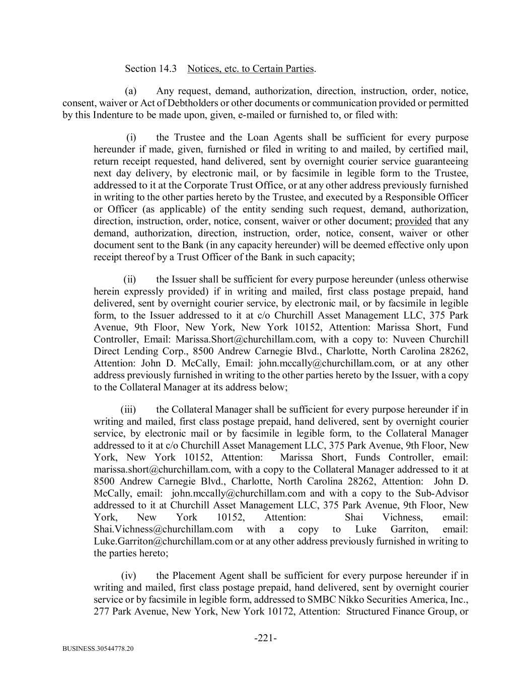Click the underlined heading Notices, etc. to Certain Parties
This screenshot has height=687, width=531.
[x=250, y=68]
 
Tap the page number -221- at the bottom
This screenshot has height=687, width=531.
[x=265, y=638]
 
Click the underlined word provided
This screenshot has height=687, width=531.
[x=413, y=221]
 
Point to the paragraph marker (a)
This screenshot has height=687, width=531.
[x=131, y=91]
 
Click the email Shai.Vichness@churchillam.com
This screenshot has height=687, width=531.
[x=163, y=529]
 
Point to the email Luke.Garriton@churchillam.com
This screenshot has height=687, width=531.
[x=163, y=542]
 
